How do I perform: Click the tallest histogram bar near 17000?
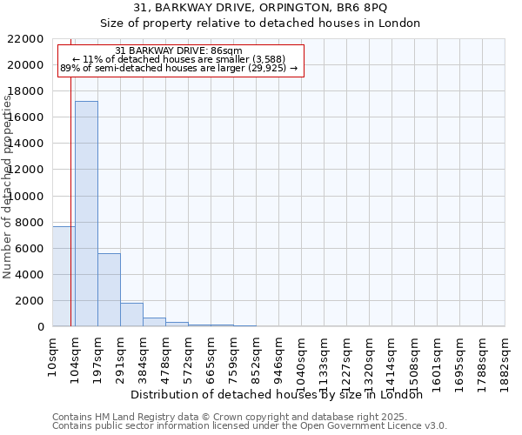click(86, 213)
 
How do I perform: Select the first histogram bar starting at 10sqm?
click(64, 276)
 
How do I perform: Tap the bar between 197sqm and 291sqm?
click(109, 290)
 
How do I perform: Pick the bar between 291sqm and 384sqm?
click(131, 314)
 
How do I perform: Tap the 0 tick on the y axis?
click(41, 327)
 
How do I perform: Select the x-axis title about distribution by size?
click(282, 394)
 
